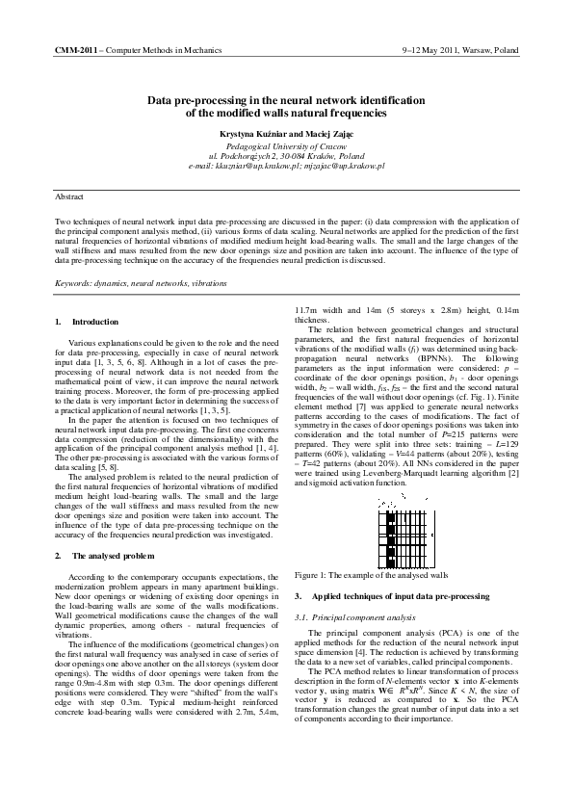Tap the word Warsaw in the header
pos(463,47)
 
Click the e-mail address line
pos(286,166)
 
